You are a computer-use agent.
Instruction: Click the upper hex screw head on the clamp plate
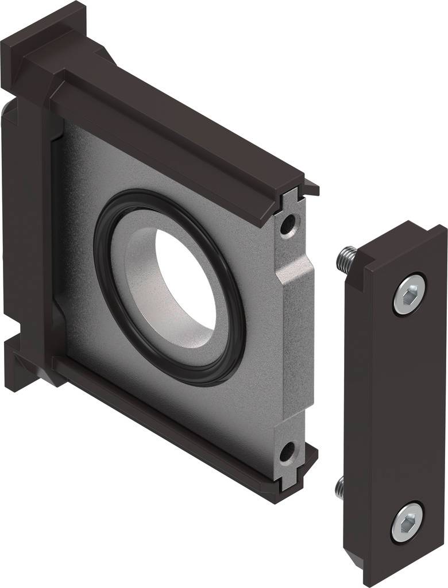410,293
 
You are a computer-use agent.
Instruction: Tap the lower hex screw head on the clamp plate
407,521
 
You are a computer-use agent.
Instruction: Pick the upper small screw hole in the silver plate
287,223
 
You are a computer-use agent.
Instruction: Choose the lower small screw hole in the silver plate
287,451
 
